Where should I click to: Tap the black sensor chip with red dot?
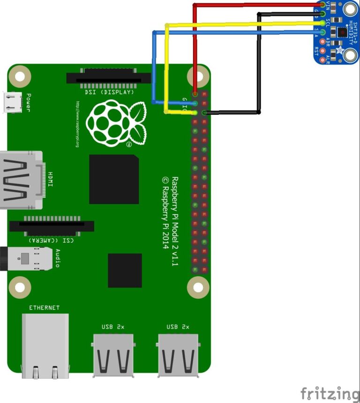pos(343,32)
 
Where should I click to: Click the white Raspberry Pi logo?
pos(116,123)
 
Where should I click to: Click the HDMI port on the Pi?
pos(21,179)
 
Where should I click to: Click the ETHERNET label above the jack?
pos(45,308)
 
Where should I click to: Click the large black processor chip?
pos(114,179)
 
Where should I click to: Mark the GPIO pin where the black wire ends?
pos(204,112)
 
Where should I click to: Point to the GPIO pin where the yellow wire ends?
pos(195,112)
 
